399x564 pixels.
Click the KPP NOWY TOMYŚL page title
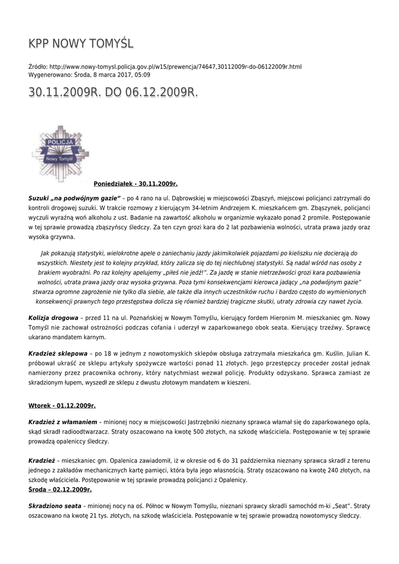click(81, 44)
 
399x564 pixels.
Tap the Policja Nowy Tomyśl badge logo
click(61, 153)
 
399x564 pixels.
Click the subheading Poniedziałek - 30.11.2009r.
click(135, 183)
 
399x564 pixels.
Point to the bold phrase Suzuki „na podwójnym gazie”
click(74, 197)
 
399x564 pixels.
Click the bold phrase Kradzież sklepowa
click(58, 354)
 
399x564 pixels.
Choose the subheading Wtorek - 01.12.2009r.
click(62, 406)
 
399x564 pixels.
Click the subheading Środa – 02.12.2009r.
click(60, 489)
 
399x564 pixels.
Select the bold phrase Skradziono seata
click(54, 505)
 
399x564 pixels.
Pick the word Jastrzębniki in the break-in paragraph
click(211, 421)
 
